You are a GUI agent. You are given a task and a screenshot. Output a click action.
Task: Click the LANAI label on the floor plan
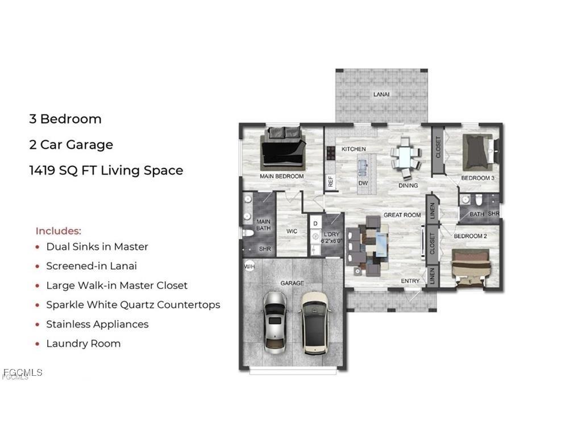381,94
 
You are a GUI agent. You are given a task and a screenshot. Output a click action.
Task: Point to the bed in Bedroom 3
477,150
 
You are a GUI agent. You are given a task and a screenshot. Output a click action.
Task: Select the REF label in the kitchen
330,182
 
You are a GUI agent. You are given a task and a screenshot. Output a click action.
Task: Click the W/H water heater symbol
250,267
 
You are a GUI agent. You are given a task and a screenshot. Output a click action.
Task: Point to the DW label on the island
363,184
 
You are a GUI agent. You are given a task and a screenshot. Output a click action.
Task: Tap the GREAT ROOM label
402,215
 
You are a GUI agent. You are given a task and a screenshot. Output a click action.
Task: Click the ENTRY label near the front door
410,281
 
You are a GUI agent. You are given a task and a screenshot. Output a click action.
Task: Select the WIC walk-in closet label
291,231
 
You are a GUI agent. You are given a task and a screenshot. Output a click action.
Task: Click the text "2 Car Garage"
71,145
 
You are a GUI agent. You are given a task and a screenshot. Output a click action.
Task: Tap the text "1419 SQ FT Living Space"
106,170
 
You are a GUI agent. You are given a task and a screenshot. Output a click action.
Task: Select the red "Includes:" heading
59,231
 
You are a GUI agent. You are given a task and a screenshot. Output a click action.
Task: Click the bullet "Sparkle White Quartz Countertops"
133,305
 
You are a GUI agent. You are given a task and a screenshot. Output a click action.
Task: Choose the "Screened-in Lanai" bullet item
92,266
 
